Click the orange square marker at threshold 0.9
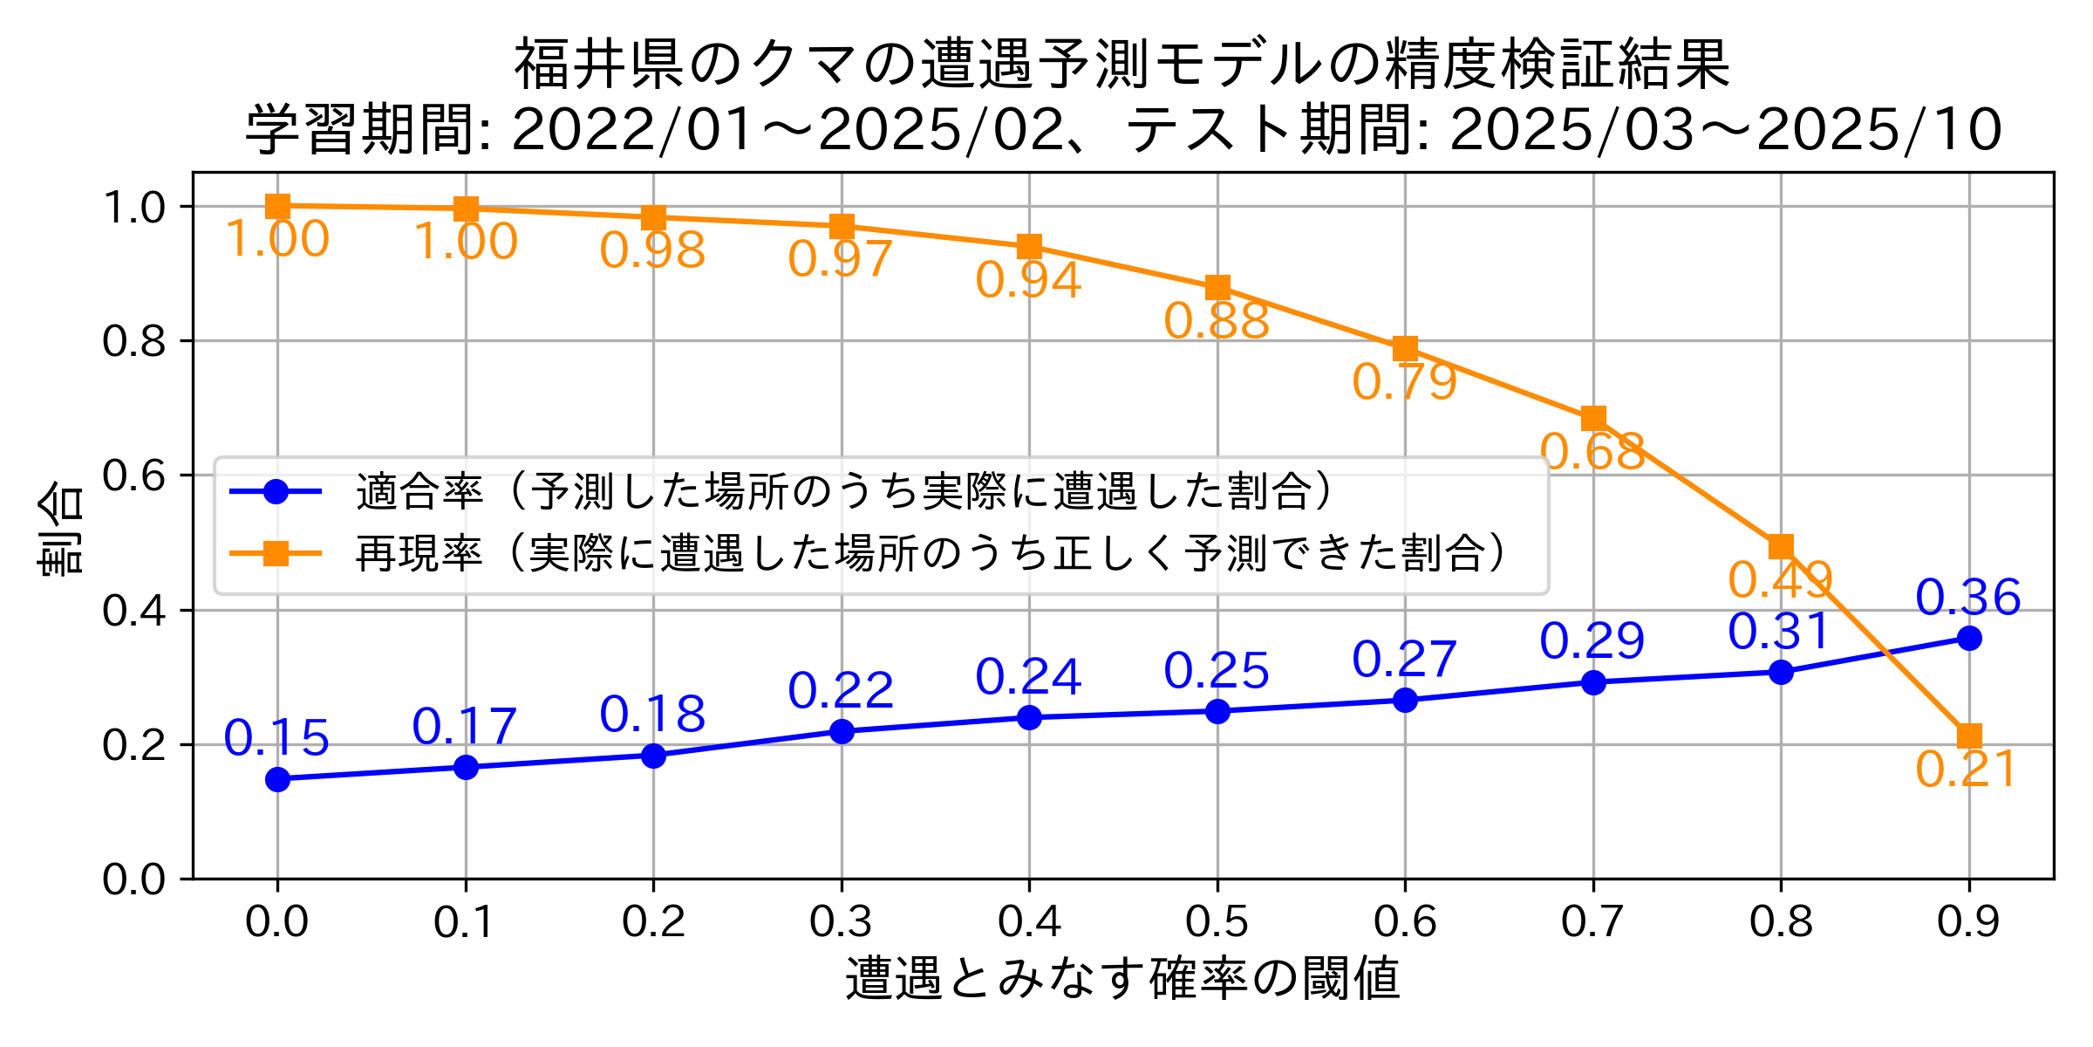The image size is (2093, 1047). click(x=1968, y=736)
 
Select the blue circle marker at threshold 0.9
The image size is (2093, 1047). click(x=1968, y=639)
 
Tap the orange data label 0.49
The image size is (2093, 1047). click(x=1780, y=580)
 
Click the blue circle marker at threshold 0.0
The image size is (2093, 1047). click(x=277, y=779)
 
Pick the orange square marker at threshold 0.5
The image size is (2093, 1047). click(x=1217, y=287)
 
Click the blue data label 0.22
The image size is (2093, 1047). click(x=841, y=691)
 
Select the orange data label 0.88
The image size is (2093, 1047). click(x=1217, y=322)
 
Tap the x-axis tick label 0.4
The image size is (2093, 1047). click(x=1029, y=922)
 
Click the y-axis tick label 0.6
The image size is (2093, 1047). click(x=133, y=476)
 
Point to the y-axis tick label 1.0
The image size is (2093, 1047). click(x=133, y=208)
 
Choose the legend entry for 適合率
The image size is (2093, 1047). click(x=419, y=492)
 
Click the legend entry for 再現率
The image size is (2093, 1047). click(x=419, y=553)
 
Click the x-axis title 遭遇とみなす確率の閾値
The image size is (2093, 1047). click(x=1122, y=978)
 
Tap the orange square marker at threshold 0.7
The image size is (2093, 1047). click(x=1593, y=418)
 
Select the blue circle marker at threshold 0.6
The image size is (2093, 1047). click(x=1405, y=700)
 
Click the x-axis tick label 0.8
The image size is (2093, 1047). click(x=1781, y=922)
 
